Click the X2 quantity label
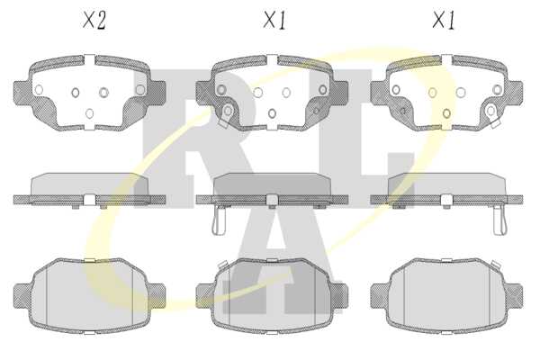click(94, 21)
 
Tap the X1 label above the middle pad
click(274, 21)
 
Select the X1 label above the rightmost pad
click(444, 21)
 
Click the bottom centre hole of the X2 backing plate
click(89, 113)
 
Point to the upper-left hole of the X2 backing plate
click(39, 90)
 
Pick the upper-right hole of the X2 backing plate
click(140, 90)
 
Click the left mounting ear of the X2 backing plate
click(22, 93)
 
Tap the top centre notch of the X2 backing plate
click(89, 60)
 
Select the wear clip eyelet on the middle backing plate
click(228, 111)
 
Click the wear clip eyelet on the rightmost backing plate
click(491, 111)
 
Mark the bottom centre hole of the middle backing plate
click(272, 113)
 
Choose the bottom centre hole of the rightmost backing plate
click(446, 113)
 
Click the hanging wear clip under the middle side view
click(219, 220)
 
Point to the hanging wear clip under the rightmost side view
click(499, 220)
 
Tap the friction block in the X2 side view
click(89, 184)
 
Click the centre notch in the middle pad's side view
click(272, 201)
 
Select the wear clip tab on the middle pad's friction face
click(222, 265)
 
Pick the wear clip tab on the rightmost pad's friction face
click(495, 265)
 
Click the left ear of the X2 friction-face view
click(22, 296)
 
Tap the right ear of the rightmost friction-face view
click(514, 296)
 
